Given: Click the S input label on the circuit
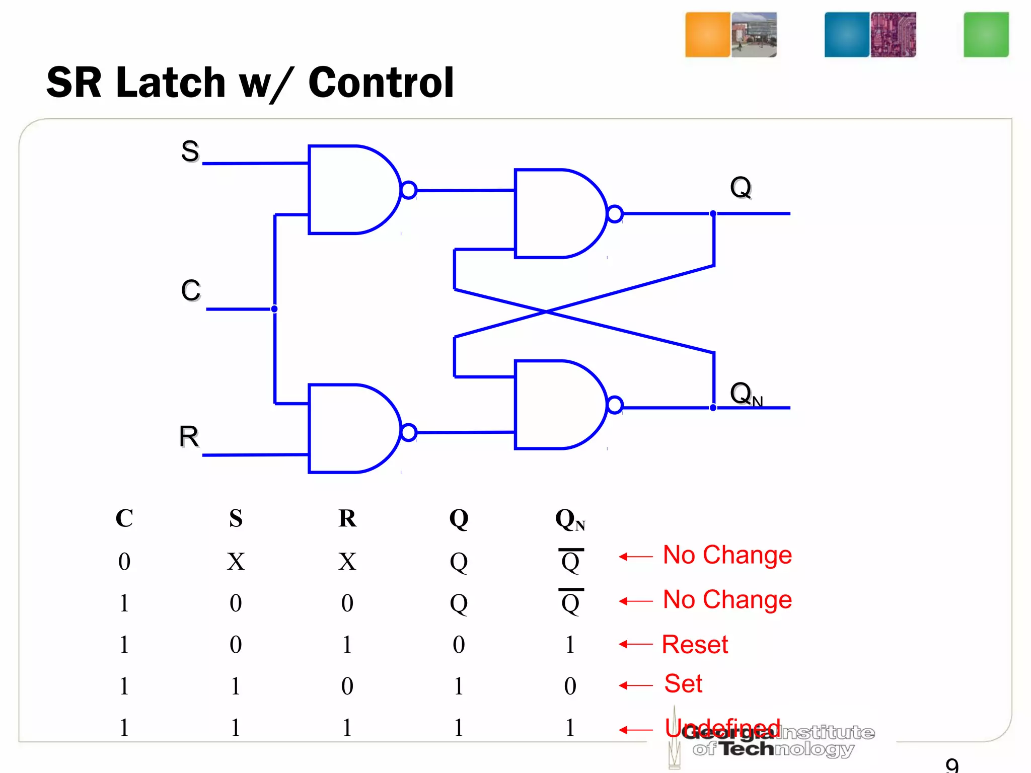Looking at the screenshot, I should (190, 151).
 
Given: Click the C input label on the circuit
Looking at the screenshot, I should (191, 290).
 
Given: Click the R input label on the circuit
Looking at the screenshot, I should (189, 436).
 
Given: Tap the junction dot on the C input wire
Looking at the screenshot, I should (274, 309).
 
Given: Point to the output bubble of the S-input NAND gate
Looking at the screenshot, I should (409, 190).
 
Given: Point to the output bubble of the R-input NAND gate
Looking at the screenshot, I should (409, 432).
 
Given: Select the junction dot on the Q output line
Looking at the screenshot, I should (713, 214).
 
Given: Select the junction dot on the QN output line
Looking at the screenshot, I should (713, 408).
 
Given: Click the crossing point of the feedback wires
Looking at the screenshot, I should (546, 312).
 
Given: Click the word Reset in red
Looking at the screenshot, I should (695, 645).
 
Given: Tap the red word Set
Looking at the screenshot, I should (683, 683).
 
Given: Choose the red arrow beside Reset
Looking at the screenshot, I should (635, 644).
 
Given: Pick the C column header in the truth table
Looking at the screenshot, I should (124, 518).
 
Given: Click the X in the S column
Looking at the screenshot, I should (236, 562).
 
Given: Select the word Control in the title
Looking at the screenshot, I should (381, 83).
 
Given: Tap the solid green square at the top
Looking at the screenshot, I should (986, 35).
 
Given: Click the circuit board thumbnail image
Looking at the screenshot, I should (893, 35).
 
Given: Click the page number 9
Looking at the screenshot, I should (952, 765).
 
